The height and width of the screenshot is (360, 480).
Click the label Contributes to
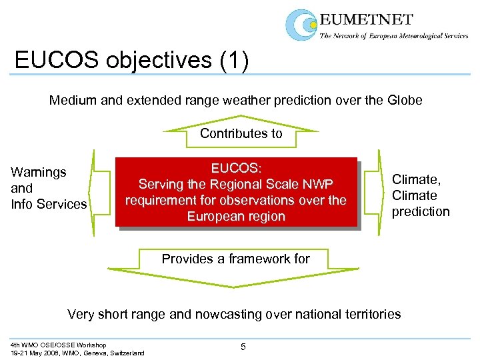(x=241, y=133)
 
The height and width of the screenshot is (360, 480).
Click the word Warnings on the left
(x=39, y=172)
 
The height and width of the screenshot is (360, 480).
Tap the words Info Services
(x=49, y=204)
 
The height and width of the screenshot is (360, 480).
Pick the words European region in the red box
(x=236, y=216)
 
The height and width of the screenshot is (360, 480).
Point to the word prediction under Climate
(x=421, y=211)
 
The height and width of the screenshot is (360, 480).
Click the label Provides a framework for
(x=236, y=259)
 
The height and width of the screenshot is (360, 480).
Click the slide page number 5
(x=243, y=346)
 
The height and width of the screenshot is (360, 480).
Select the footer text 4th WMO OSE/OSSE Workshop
(x=58, y=345)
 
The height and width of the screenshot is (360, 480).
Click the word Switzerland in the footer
(x=125, y=353)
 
